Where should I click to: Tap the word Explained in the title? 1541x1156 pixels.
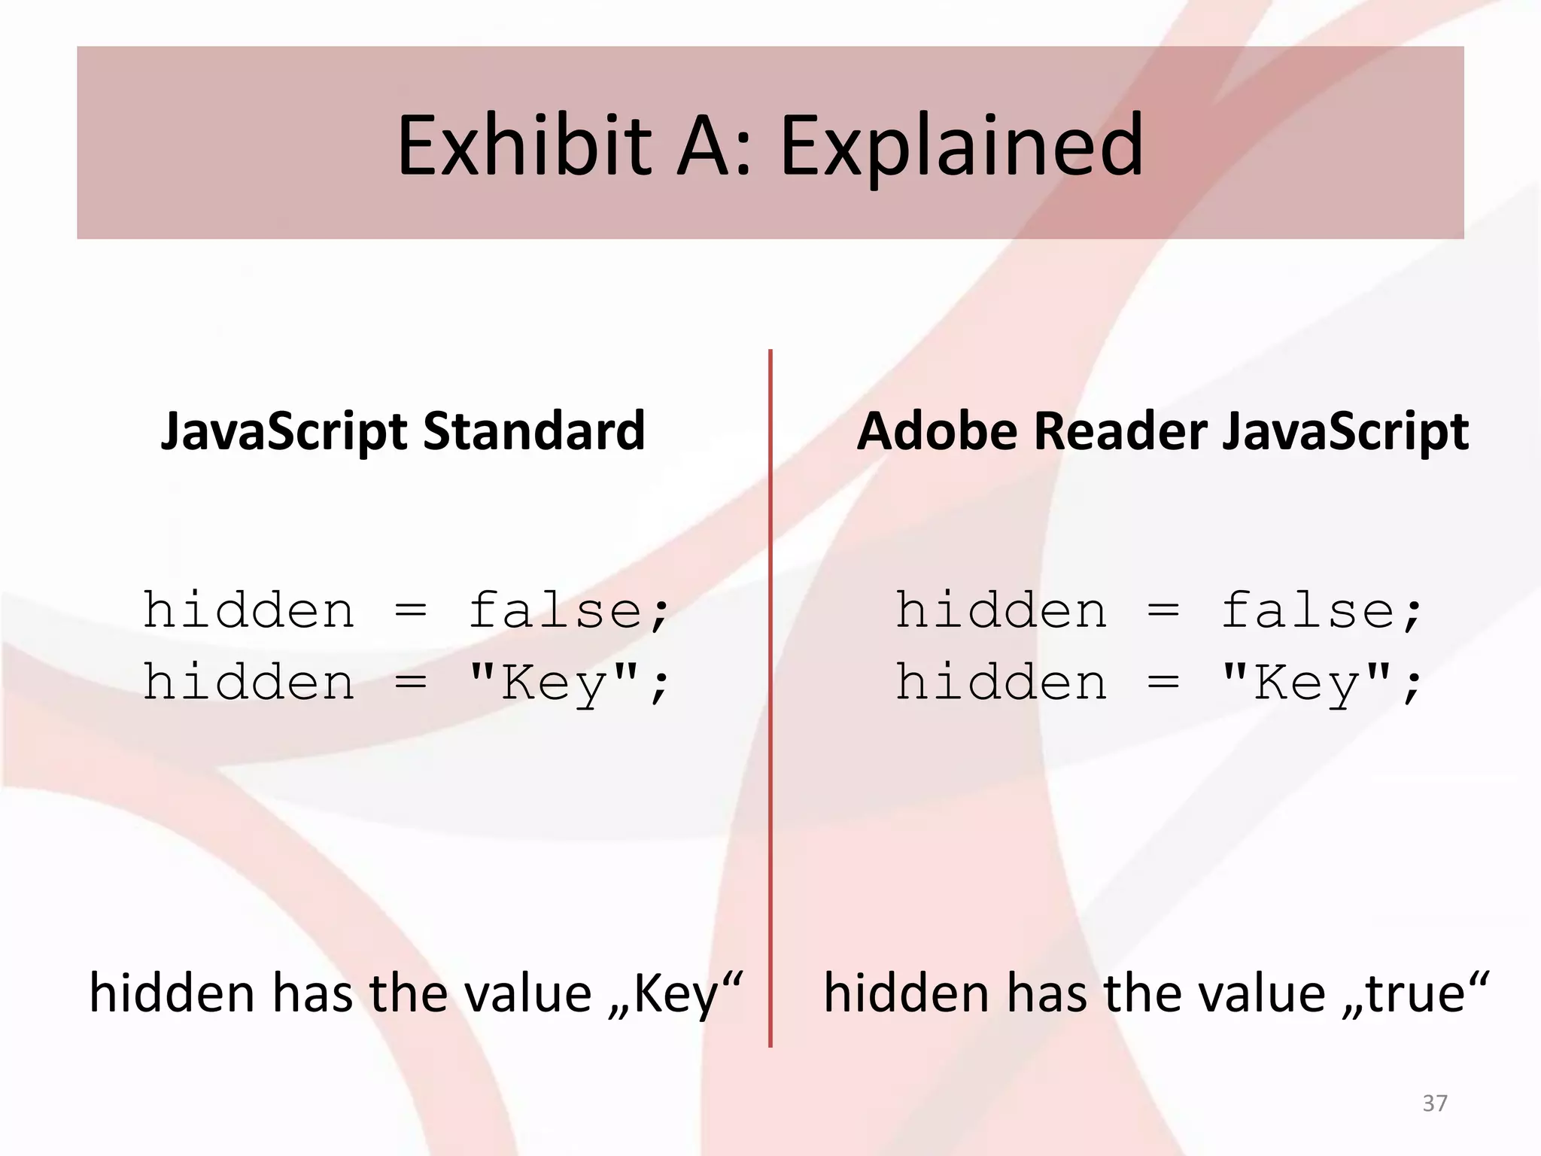coord(962,146)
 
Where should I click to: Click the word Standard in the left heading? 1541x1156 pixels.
coord(534,430)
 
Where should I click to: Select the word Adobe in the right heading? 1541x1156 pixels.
coord(938,430)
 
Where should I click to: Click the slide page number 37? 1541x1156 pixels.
coord(1435,1103)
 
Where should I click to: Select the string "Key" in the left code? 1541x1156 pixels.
coord(554,683)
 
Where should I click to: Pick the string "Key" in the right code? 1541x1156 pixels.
coord(1306,683)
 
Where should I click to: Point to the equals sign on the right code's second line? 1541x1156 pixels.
coord(1163,683)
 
